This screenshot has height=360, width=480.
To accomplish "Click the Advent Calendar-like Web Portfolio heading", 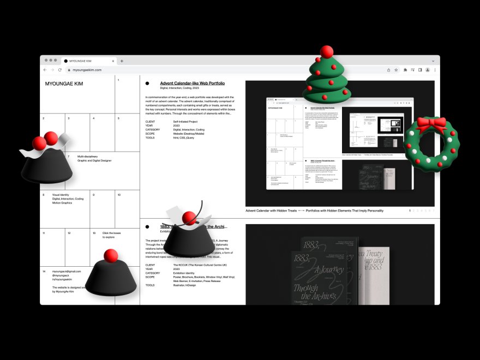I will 192,83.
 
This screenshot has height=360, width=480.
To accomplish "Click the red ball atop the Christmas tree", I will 327,52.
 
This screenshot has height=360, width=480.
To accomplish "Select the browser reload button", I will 60,70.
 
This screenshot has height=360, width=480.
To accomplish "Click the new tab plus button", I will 122,61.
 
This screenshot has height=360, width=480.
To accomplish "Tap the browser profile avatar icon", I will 428,70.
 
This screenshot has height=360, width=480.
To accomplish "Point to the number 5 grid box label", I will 118,118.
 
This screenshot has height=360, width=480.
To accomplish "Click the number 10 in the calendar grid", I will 119,195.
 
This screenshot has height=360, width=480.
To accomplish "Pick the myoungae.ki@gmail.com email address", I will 67,271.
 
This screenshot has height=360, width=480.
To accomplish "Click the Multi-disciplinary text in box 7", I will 88,157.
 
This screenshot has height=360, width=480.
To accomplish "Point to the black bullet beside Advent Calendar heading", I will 147,83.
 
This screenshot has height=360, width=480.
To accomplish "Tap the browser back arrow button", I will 45,70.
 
